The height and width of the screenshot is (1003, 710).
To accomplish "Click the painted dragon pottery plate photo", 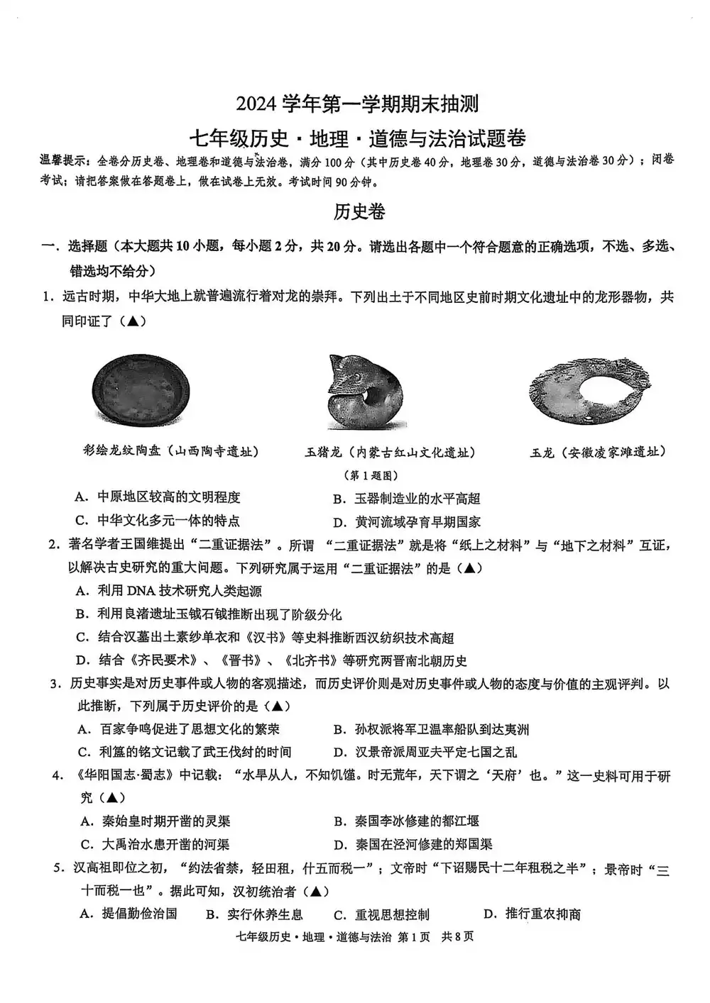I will pyautogui.click(x=141, y=389).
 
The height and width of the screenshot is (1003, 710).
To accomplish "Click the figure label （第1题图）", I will pyautogui.click(x=371, y=475).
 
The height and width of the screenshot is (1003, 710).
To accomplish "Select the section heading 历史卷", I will pyautogui.click(x=359, y=211).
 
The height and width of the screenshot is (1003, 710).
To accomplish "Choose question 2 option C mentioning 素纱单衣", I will pyautogui.click(x=265, y=637).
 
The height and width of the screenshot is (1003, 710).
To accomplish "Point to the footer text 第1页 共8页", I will pyautogui.click(x=435, y=936).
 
